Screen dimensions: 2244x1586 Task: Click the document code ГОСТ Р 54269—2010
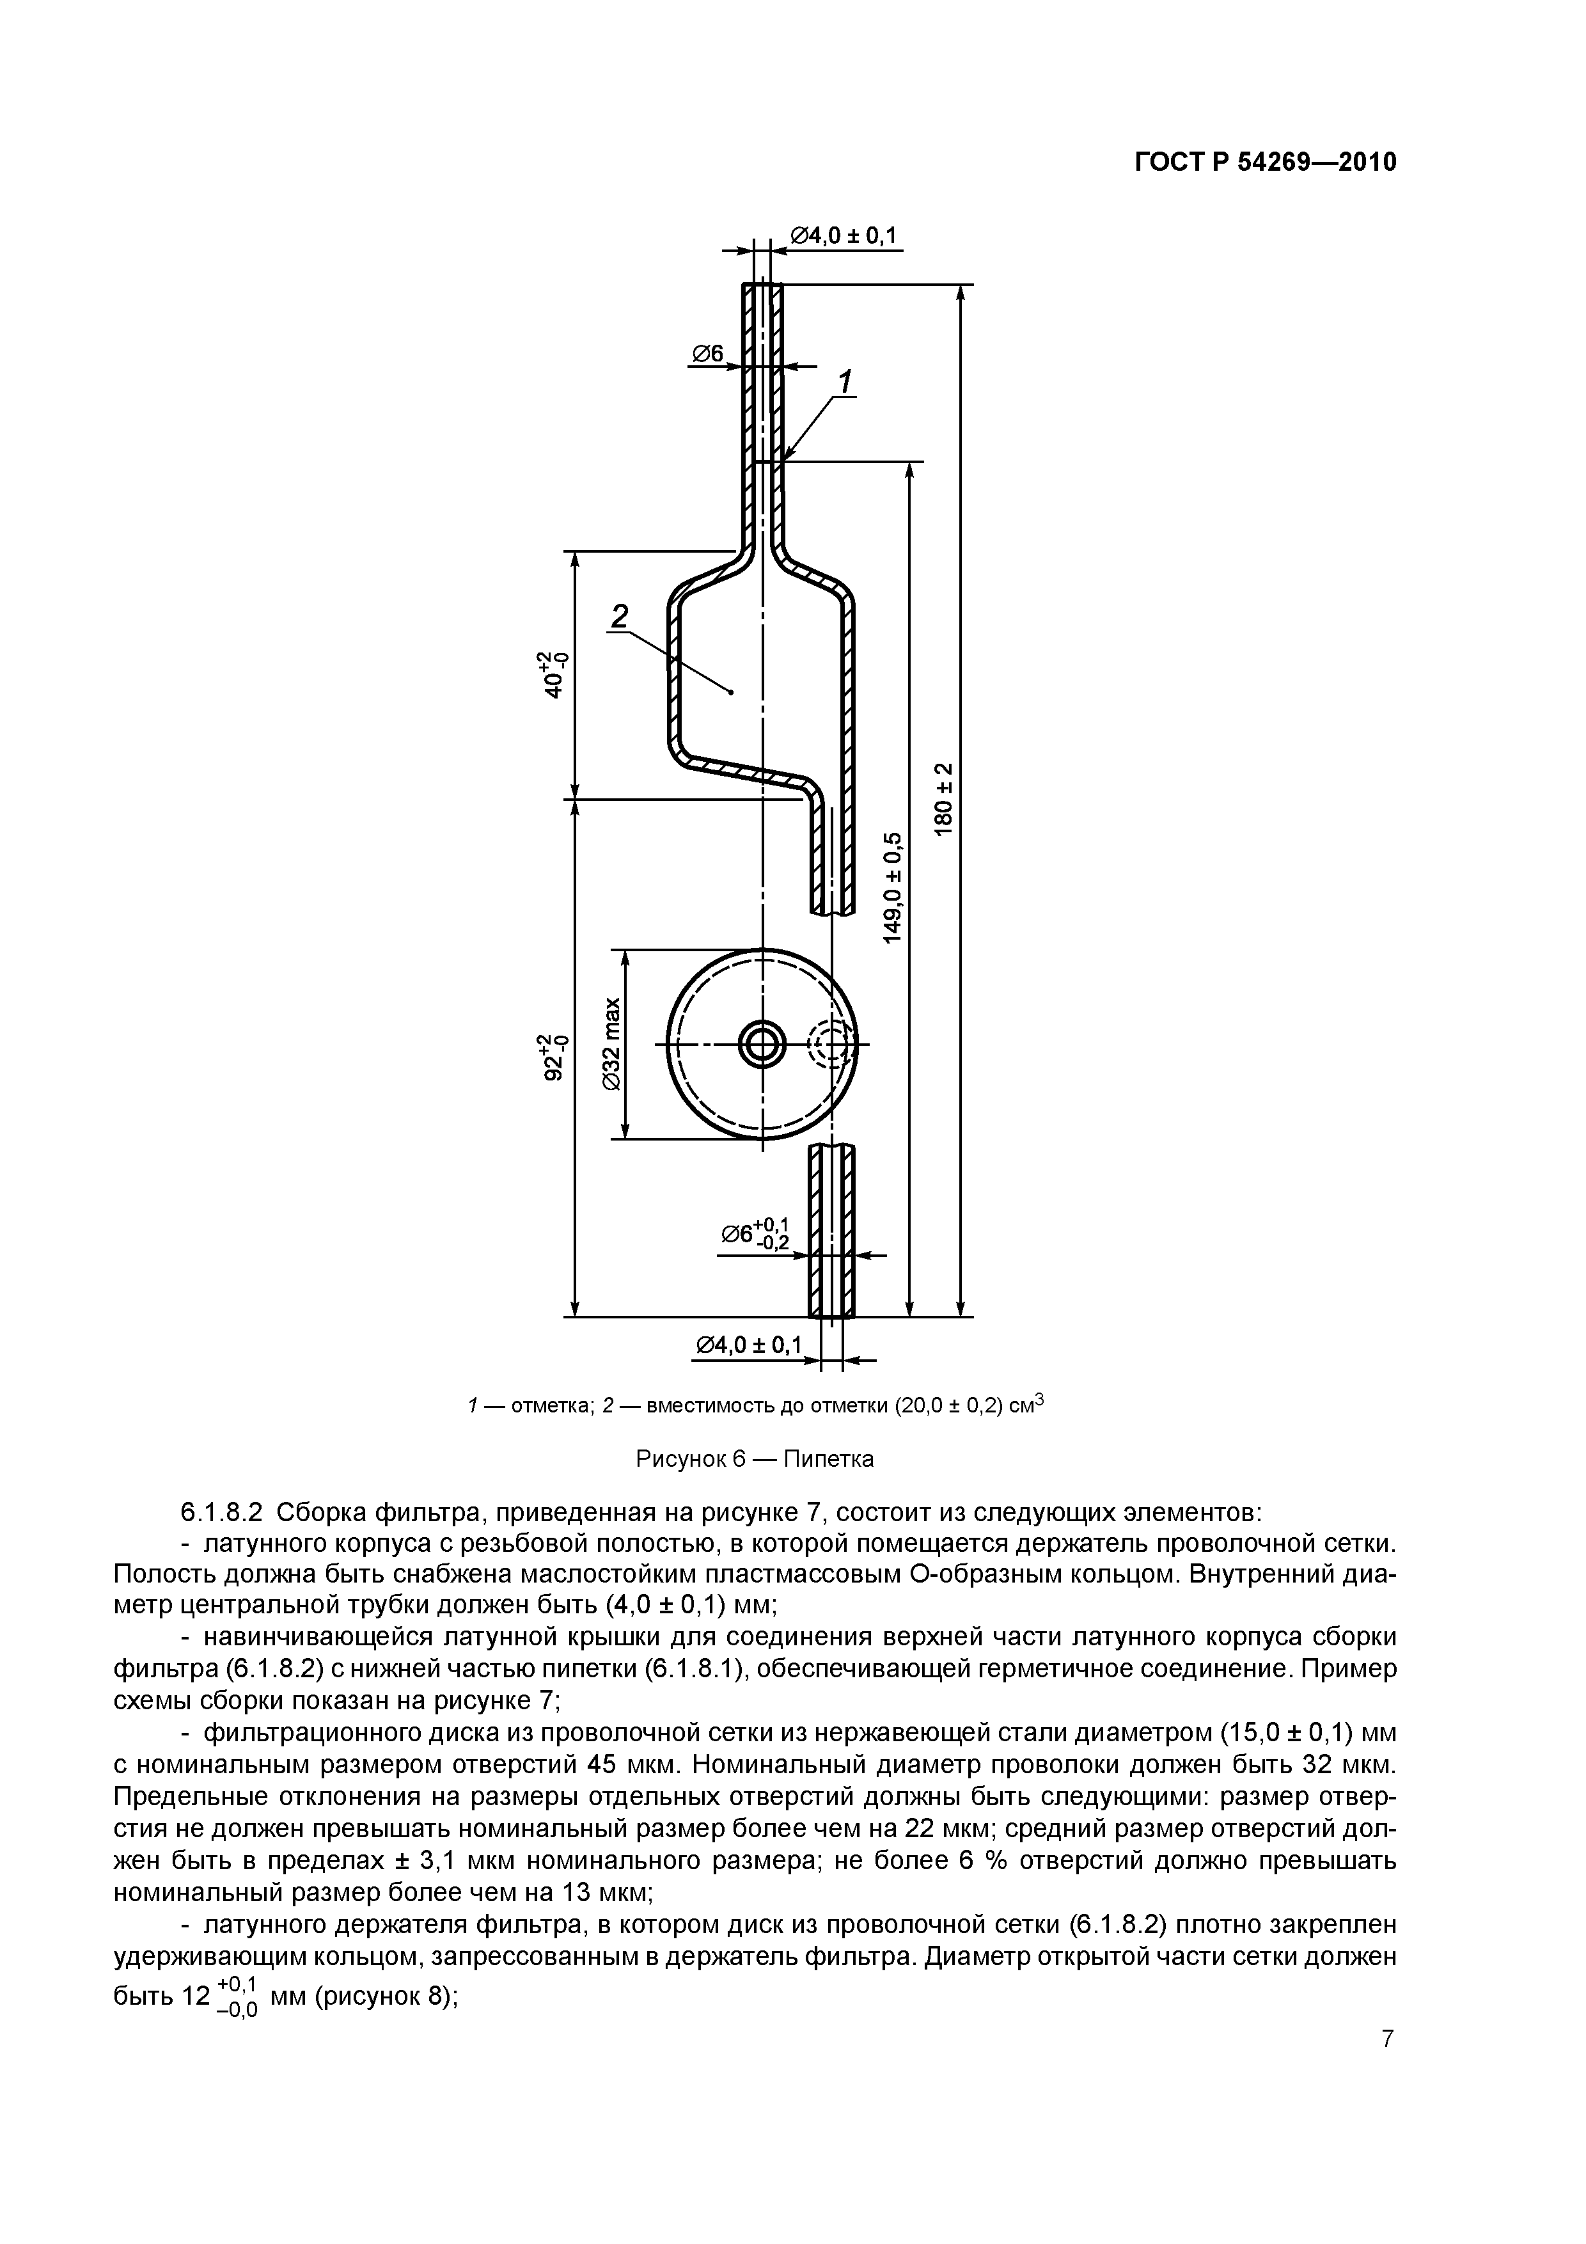pyautogui.click(x=1266, y=162)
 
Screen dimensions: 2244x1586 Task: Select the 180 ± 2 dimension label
pyautogui.click(x=943, y=798)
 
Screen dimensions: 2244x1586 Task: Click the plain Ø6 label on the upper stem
pyautogui.click(x=707, y=354)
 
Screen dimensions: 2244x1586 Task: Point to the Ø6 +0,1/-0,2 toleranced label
pyautogui.click(x=755, y=1235)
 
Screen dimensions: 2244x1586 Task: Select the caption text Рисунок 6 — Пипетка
pyautogui.click(x=755, y=1459)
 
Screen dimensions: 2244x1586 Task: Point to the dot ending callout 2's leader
pyautogui.click(x=732, y=692)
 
